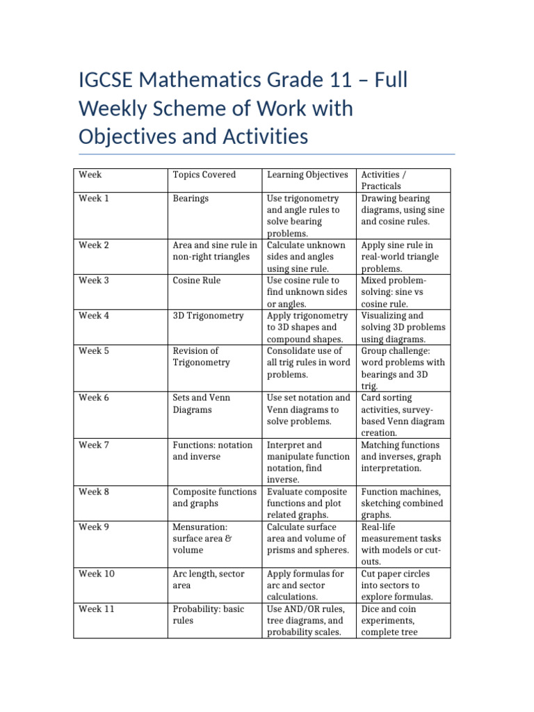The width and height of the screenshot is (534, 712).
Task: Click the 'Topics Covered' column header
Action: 204,175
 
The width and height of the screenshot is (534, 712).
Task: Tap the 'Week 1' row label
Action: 94,199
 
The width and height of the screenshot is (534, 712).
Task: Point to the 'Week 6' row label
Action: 94,398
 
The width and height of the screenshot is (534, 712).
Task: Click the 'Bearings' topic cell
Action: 191,199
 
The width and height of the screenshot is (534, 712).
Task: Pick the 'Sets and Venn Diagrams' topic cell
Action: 201,404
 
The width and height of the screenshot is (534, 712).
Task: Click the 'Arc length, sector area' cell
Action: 208,580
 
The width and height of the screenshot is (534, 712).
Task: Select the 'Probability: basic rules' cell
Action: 208,615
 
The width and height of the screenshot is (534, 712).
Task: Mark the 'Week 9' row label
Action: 94,527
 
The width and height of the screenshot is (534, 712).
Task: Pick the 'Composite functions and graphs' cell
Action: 214,498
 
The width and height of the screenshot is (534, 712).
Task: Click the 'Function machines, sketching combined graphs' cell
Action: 400,503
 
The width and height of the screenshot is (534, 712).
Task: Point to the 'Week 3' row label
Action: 94,281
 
